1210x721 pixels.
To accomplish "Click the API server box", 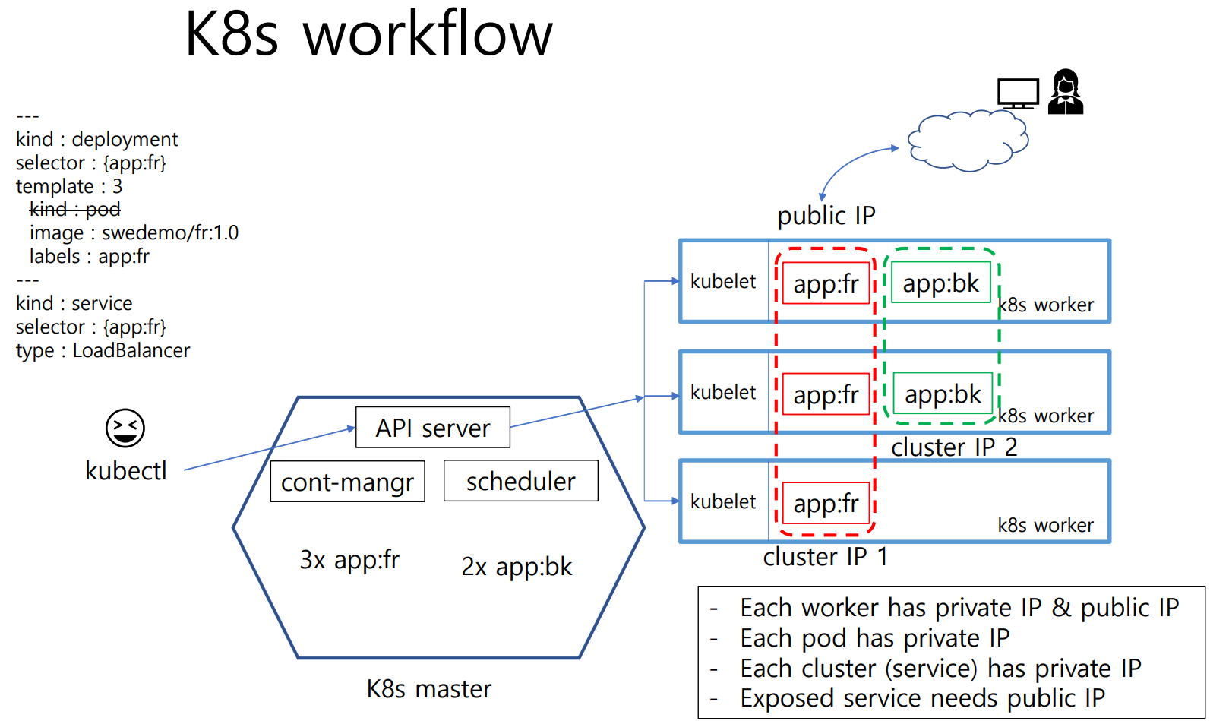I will click(x=432, y=428).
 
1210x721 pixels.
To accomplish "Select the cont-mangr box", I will click(x=347, y=482).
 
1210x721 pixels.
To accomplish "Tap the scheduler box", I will click(x=520, y=481).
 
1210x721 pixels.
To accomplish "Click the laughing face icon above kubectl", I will click(x=125, y=428).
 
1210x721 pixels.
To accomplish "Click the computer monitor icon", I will click(x=1018, y=93).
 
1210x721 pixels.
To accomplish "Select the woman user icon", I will click(x=1065, y=93).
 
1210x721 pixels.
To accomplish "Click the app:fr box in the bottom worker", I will click(x=826, y=503).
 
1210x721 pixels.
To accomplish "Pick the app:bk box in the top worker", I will click(x=940, y=283).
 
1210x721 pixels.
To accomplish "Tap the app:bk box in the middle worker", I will click(x=942, y=394).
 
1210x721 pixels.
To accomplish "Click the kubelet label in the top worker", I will click(x=723, y=281).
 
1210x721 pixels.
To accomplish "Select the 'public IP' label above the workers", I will click(x=826, y=216).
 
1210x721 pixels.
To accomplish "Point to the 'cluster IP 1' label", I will click(x=825, y=557).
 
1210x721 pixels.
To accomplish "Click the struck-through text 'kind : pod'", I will click(x=74, y=209).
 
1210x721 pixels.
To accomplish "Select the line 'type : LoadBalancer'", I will click(x=103, y=350).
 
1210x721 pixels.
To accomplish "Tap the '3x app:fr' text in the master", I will click(x=349, y=560).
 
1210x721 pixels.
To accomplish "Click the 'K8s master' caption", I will click(x=428, y=688).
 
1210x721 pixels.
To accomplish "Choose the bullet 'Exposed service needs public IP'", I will click(x=922, y=697).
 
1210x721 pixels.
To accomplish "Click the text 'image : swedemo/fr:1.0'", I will click(x=134, y=232).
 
